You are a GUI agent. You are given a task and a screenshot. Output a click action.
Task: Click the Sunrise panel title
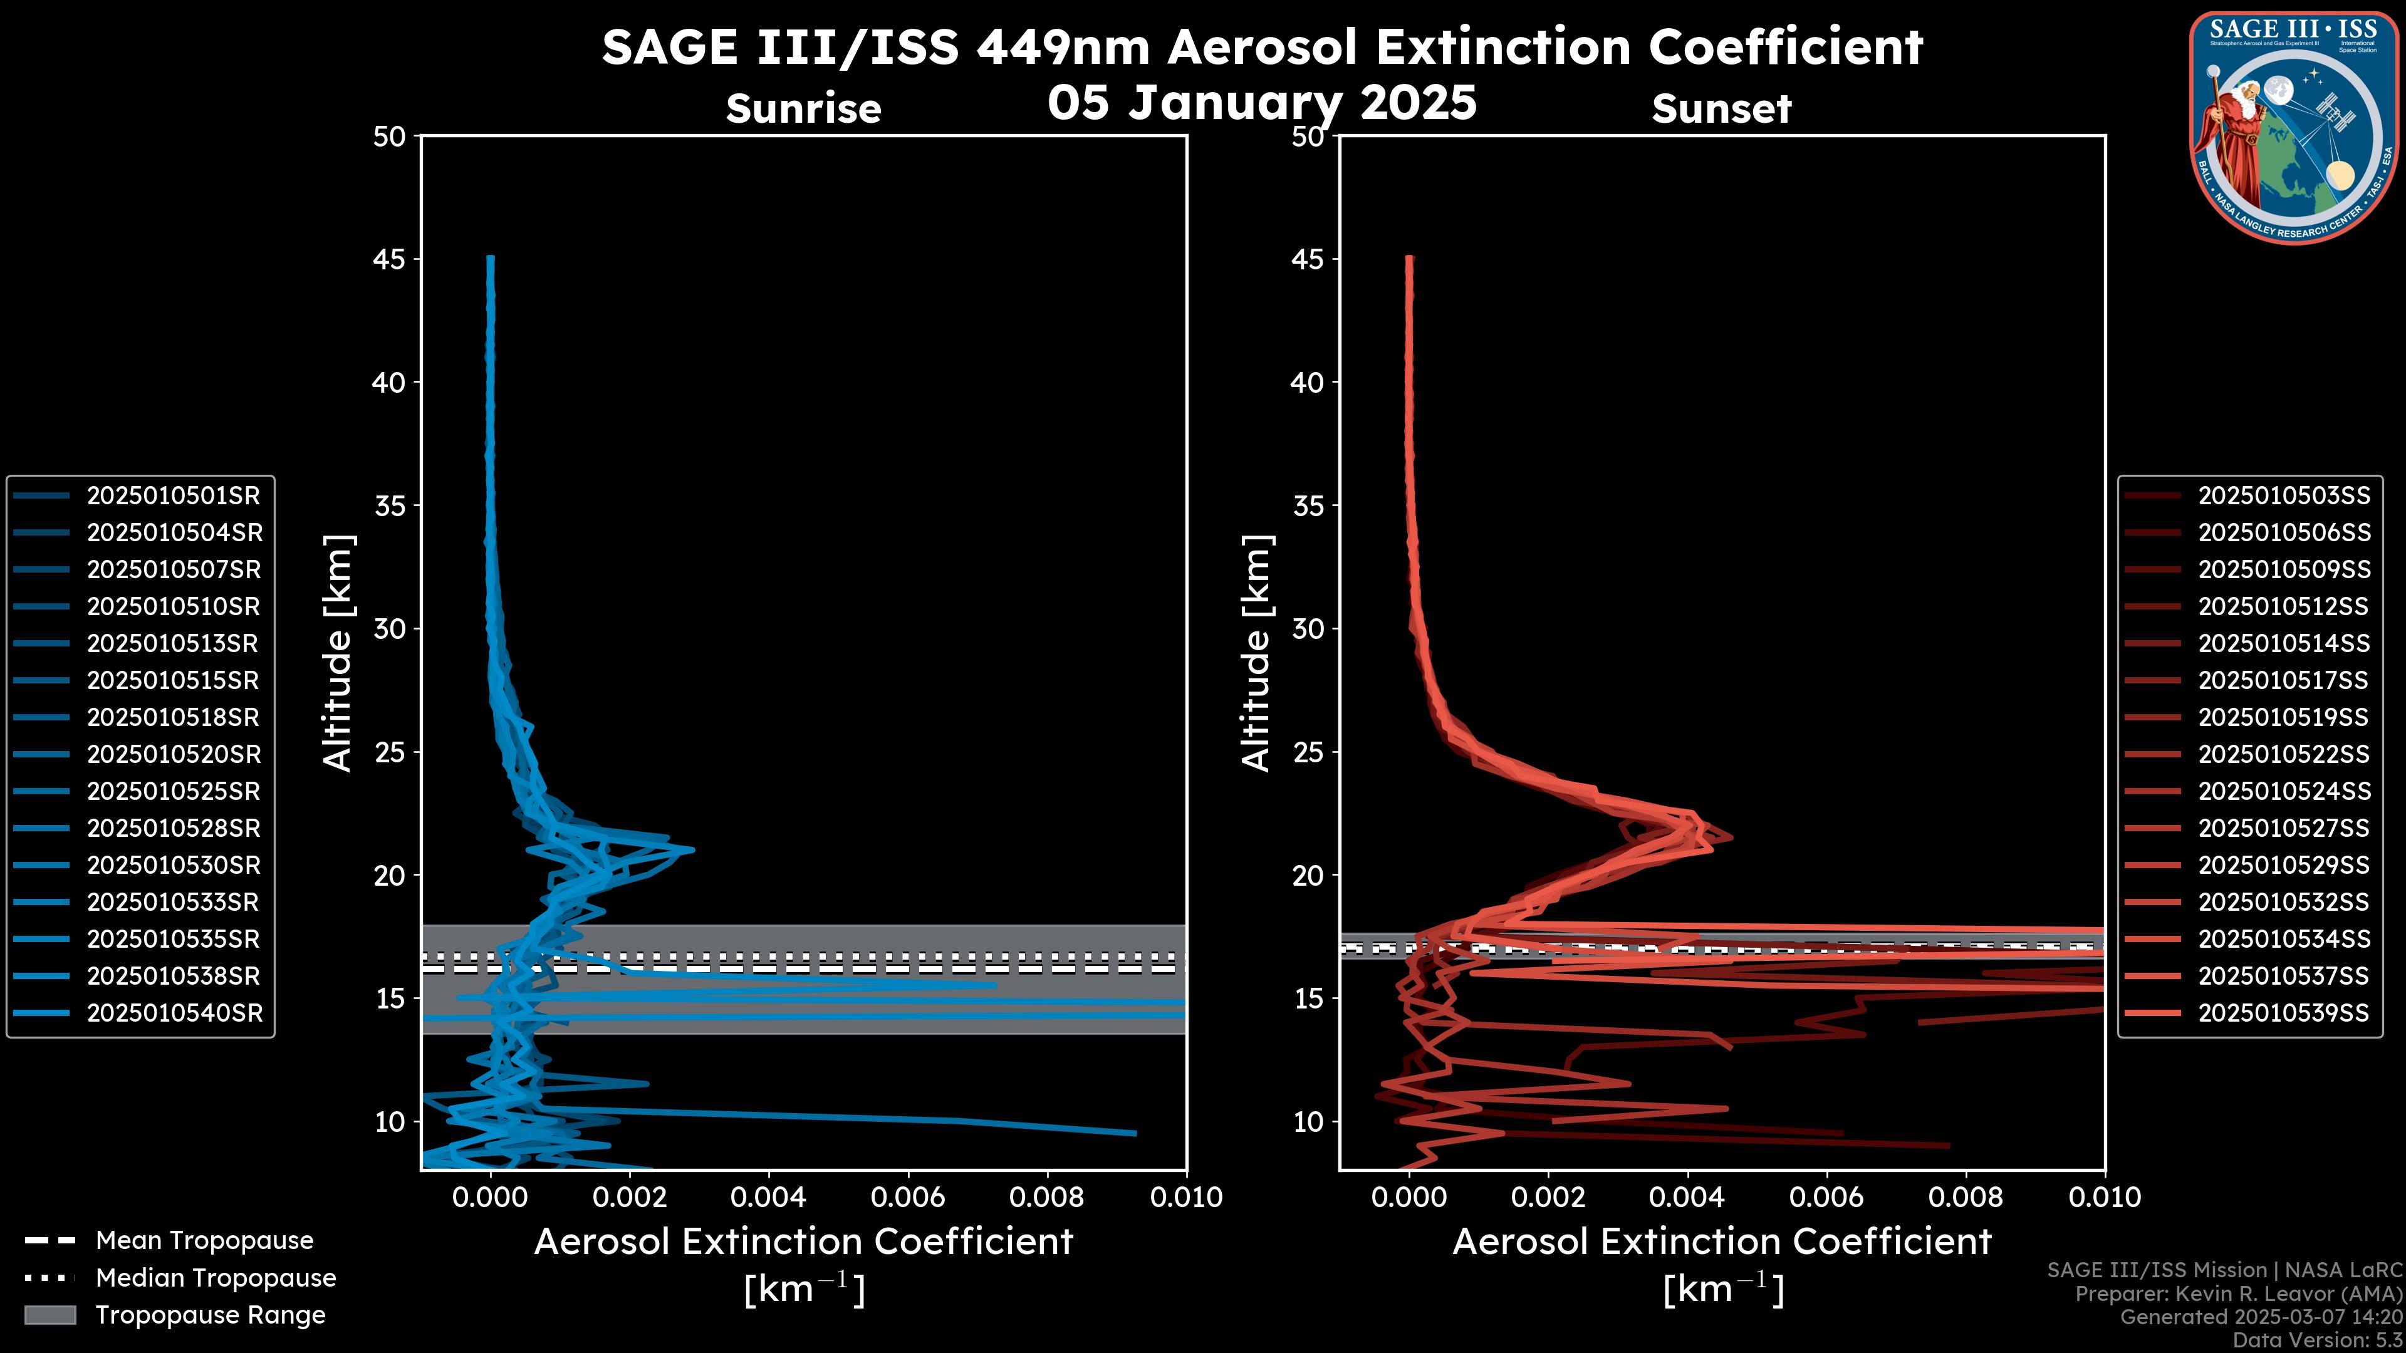pyautogui.click(x=803, y=109)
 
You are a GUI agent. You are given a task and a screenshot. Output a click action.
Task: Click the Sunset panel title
pyautogui.click(x=1721, y=109)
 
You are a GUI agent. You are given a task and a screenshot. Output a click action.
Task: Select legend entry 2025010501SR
pyautogui.click(x=173, y=496)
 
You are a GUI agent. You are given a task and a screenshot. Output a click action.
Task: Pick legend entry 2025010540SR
pyautogui.click(x=175, y=1013)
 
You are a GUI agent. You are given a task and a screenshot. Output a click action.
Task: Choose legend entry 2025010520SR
pyautogui.click(x=173, y=754)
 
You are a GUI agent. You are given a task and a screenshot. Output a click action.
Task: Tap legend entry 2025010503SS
pyautogui.click(x=2284, y=496)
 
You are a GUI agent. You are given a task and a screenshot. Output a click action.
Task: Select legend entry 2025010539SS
pyautogui.click(x=2284, y=1013)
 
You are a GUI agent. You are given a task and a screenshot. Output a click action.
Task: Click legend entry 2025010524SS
pyautogui.click(x=2284, y=792)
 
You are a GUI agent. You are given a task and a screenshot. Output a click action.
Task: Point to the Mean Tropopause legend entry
pyautogui.click(x=204, y=1241)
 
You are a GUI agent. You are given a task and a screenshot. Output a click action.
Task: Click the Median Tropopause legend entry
pyautogui.click(x=215, y=1278)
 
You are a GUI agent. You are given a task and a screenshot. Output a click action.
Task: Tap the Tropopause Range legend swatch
pyautogui.click(x=50, y=1315)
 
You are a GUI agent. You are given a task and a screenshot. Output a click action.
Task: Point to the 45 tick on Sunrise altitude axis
pyautogui.click(x=390, y=259)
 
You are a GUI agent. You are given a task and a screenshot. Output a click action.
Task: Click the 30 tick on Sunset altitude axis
pyautogui.click(x=1308, y=628)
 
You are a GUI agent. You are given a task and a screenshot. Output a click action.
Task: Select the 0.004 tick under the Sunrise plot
pyautogui.click(x=769, y=1197)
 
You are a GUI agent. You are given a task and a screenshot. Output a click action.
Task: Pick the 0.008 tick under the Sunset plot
pyautogui.click(x=1966, y=1197)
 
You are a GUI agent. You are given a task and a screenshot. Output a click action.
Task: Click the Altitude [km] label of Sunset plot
pyautogui.click(x=1256, y=653)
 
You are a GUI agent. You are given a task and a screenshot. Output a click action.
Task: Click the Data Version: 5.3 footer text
pyautogui.click(x=2316, y=1340)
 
